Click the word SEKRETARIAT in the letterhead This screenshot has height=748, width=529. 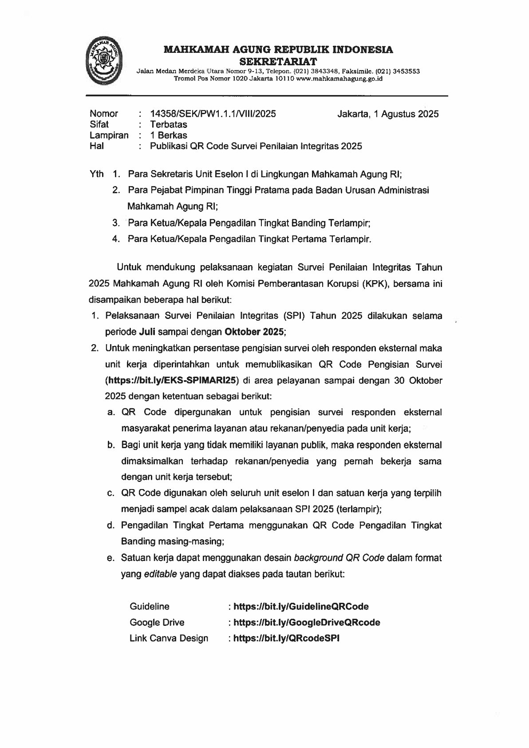pos(278,60)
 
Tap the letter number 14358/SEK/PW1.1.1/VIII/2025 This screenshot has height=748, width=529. pos(213,114)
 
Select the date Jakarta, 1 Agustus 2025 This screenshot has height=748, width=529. pos(388,114)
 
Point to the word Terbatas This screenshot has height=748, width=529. pos(169,124)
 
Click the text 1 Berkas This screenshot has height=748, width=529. pos(169,135)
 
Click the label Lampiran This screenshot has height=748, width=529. pos(109,135)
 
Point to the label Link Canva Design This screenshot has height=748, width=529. pos(169,638)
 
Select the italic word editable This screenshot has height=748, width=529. pos(160,574)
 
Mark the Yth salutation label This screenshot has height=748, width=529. pos(97,174)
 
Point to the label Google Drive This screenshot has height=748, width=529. pos(157,622)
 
